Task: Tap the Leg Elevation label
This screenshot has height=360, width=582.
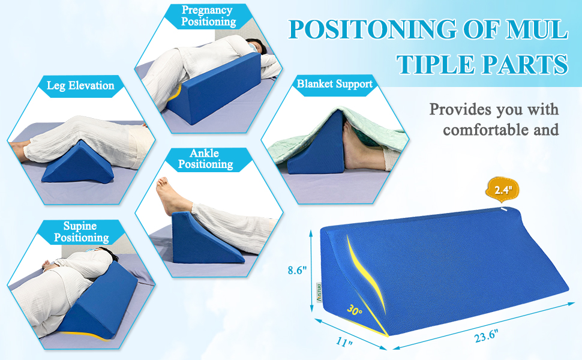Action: (x=80, y=85)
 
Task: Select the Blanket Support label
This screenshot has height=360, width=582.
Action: (x=335, y=83)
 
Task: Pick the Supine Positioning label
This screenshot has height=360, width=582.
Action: (x=81, y=232)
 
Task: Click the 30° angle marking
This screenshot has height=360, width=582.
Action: (x=355, y=311)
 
